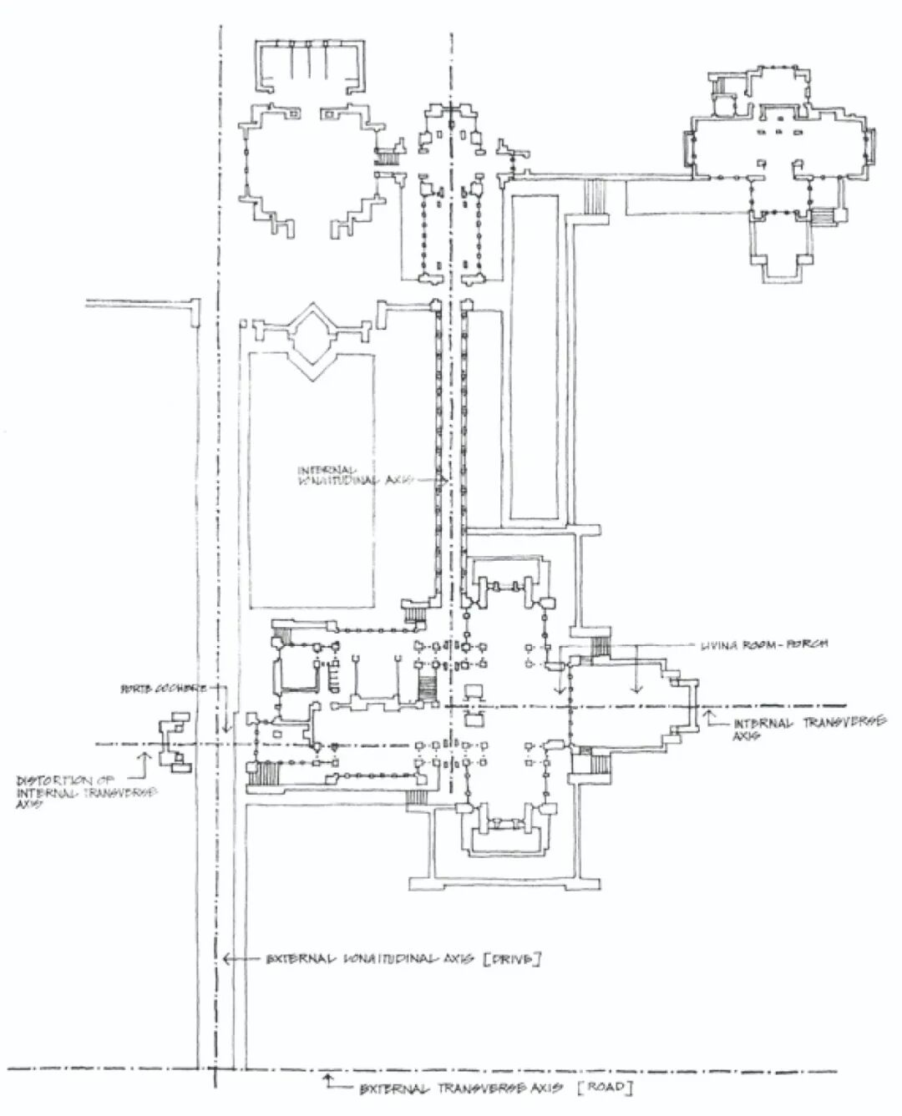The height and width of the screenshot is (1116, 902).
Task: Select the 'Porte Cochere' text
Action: [x=164, y=689]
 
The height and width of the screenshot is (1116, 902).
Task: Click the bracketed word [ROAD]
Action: [x=606, y=1088]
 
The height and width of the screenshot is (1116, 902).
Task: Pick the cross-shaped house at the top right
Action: [x=777, y=167]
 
